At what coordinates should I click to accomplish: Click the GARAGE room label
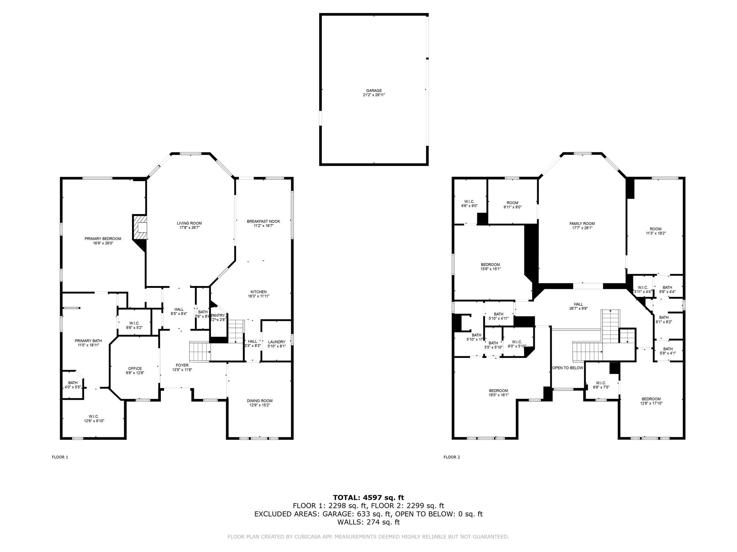[x=374, y=91]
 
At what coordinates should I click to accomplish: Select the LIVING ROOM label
[x=189, y=223]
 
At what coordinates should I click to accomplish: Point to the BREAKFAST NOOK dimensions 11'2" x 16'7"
[x=263, y=226]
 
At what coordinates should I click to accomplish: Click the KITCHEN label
[x=258, y=292]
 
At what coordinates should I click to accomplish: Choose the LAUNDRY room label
[x=276, y=342]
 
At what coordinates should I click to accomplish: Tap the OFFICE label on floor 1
[x=135, y=368]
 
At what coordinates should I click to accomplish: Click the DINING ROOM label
[x=259, y=401]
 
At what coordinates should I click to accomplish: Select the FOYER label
[x=182, y=365]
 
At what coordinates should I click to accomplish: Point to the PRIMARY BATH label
[x=88, y=341]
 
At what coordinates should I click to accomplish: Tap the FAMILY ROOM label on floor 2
[x=582, y=224]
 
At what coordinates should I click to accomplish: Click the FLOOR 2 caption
[x=452, y=457]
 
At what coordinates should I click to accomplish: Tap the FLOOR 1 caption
[x=60, y=457]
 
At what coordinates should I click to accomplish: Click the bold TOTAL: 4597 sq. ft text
[x=368, y=498]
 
